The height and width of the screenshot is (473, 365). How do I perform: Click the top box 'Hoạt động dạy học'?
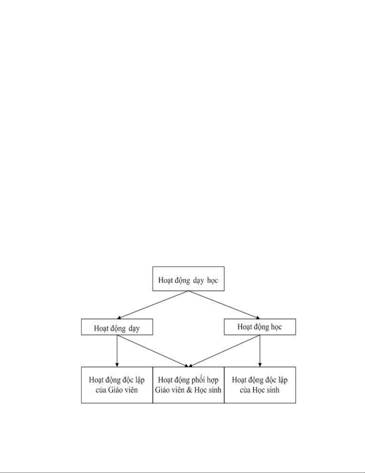pos(188,279)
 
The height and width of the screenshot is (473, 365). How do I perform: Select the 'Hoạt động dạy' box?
pos(117,327)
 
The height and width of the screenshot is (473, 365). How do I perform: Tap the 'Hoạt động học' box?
pos(260,327)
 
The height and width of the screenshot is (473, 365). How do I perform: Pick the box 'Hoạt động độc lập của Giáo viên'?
pos(117,385)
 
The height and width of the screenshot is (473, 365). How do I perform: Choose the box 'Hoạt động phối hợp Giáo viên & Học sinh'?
pos(188,385)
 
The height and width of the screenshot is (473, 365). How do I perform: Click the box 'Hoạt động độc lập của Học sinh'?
pos(260,385)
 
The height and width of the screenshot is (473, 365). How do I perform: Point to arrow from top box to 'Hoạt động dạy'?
pos(153,305)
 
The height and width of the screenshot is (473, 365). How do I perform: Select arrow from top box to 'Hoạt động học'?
pos(224,305)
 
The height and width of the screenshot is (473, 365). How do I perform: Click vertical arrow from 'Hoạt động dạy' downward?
pos(117,351)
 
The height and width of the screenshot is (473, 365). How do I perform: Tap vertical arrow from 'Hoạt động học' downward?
pos(260,351)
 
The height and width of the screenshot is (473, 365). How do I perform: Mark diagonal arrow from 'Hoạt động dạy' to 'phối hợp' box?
pos(153,351)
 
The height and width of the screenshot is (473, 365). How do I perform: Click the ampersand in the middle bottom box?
pos(189,390)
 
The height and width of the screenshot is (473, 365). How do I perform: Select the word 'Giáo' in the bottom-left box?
pos(114,390)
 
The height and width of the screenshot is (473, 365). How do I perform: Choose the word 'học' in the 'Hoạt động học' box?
pos(277,327)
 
